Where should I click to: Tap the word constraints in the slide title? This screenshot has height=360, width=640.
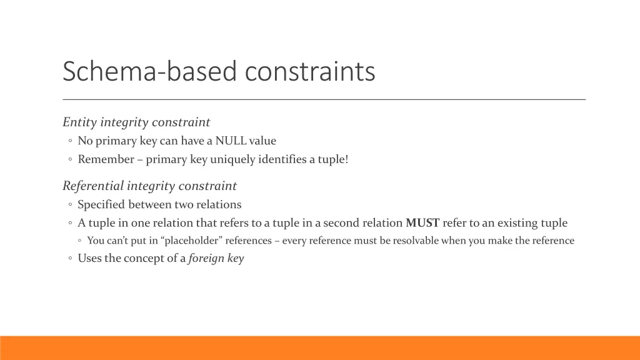click(310, 72)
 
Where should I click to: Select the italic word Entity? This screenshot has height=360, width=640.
click(80, 122)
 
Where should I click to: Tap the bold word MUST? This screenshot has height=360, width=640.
click(422, 222)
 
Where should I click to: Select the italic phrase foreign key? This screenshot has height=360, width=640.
click(216, 259)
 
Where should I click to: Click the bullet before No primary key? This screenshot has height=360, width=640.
click(71, 141)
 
